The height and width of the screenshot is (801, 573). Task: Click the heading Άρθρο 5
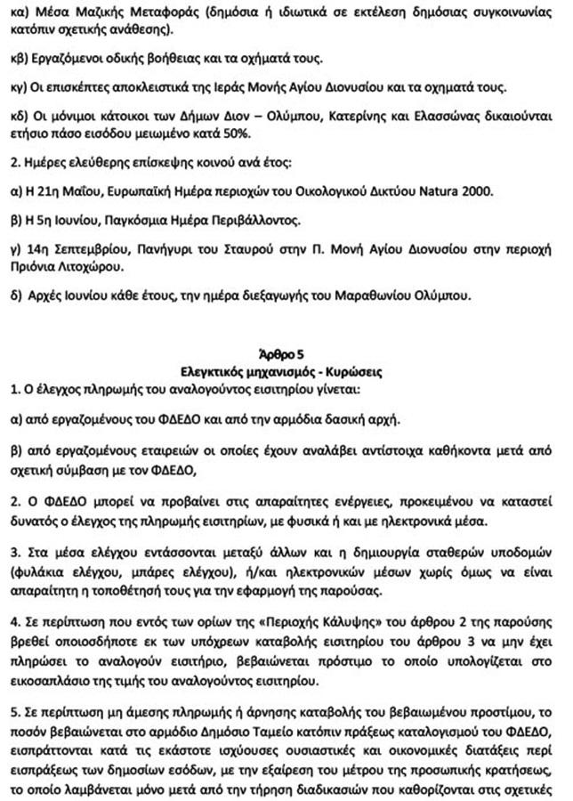click(286, 352)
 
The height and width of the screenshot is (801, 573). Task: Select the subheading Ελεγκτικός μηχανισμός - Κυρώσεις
click(286, 368)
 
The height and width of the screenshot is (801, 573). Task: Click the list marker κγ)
click(19, 88)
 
